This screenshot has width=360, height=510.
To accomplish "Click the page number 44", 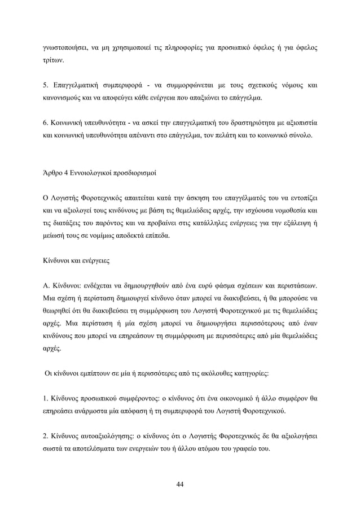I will click(180, 484).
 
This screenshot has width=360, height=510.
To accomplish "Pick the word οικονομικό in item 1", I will click(219, 400).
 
